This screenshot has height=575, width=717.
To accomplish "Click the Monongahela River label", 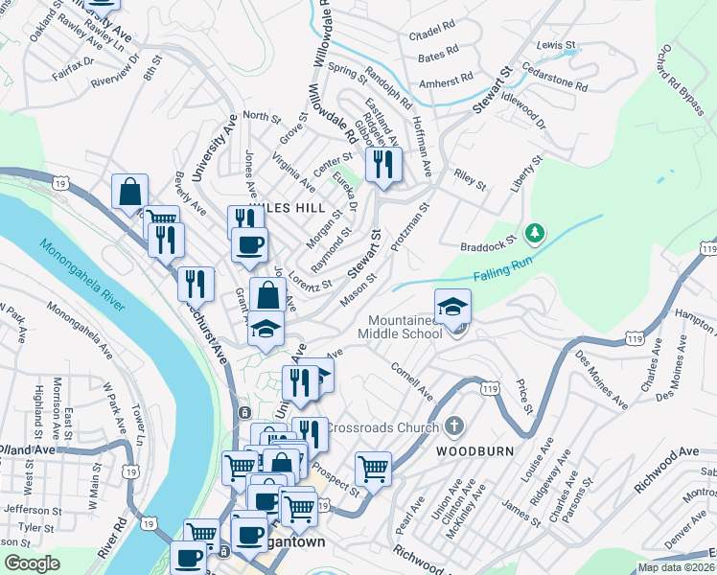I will (82, 275).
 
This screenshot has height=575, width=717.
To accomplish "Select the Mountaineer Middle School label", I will (397, 326).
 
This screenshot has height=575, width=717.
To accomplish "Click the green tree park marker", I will (535, 233).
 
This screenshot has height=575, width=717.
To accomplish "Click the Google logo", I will (32, 563).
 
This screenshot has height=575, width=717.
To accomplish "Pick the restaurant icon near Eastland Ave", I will (383, 164).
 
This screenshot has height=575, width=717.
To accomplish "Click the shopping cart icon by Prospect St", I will (373, 470).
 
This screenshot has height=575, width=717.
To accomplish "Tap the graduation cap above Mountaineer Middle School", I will (452, 307).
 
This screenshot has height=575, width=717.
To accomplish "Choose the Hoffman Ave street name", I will (423, 144).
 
